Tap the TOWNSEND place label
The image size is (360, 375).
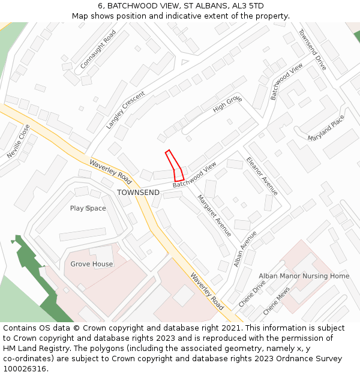pos(138,193)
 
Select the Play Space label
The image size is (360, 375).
pos(88,208)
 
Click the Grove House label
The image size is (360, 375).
pos(91,264)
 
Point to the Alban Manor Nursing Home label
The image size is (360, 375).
pos(304,276)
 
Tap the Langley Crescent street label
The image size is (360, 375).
pos(125,110)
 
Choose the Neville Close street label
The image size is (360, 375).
pos(18,141)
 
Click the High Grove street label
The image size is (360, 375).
pos(227,104)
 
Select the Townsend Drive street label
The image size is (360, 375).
pos(312,50)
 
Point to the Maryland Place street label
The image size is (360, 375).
pos(326,128)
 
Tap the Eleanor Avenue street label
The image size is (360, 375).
pos(262,176)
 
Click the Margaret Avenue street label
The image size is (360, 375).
pos(214,215)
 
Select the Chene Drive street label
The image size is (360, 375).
pos(251,294)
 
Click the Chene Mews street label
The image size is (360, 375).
pos(276,300)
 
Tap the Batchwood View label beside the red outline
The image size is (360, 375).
pos(194,175)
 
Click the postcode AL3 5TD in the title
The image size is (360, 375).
pos(247,6)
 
